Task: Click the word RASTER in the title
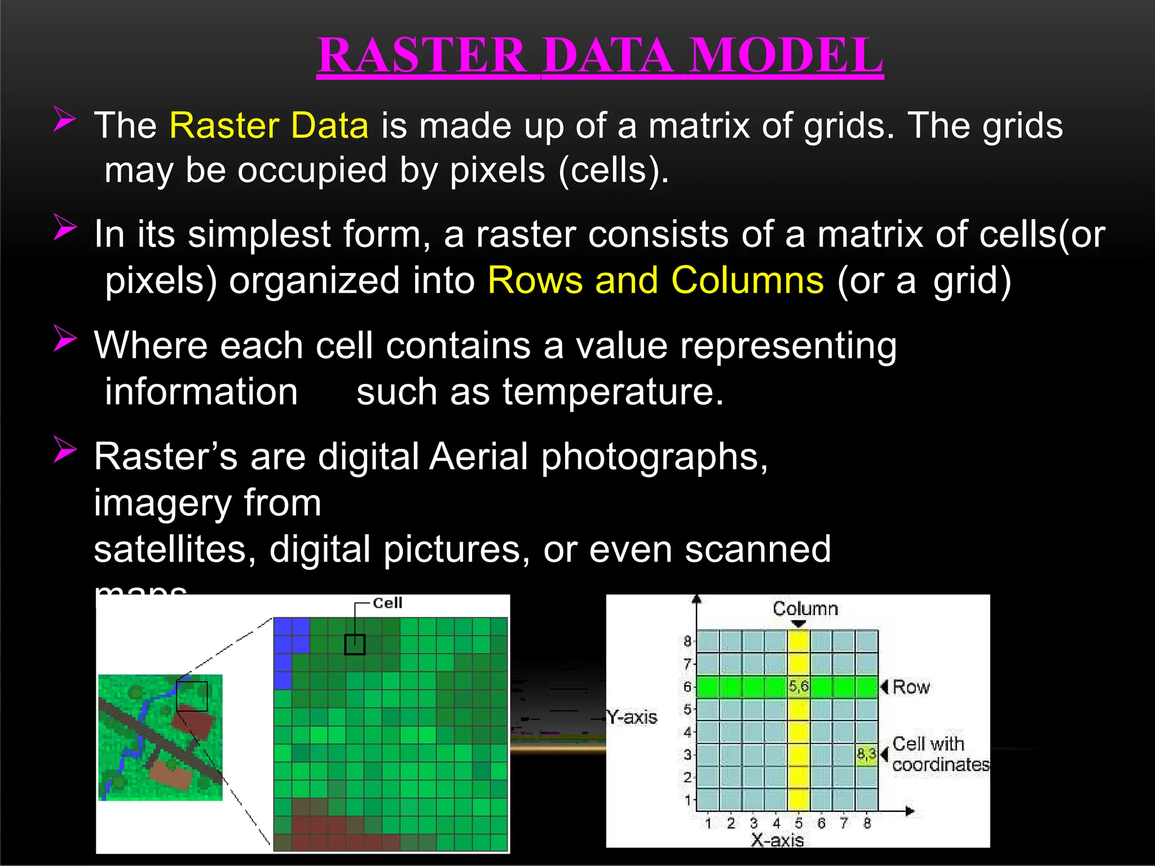(422, 55)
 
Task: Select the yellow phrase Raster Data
(269, 125)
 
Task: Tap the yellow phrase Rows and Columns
(655, 280)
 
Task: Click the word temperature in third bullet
(612, 392)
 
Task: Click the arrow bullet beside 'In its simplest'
(65, 228)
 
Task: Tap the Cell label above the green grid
(387, 603)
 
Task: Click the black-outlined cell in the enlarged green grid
(355, 644)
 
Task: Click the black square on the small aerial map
(192, 696)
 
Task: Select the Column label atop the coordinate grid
(805, 609)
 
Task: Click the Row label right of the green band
(911, 687)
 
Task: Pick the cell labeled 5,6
(799, 687)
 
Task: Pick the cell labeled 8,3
(866, 754)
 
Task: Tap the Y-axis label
(632, 717)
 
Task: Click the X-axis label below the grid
(777, 841)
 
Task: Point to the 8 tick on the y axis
(687, 641)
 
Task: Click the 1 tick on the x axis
(708, 824)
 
